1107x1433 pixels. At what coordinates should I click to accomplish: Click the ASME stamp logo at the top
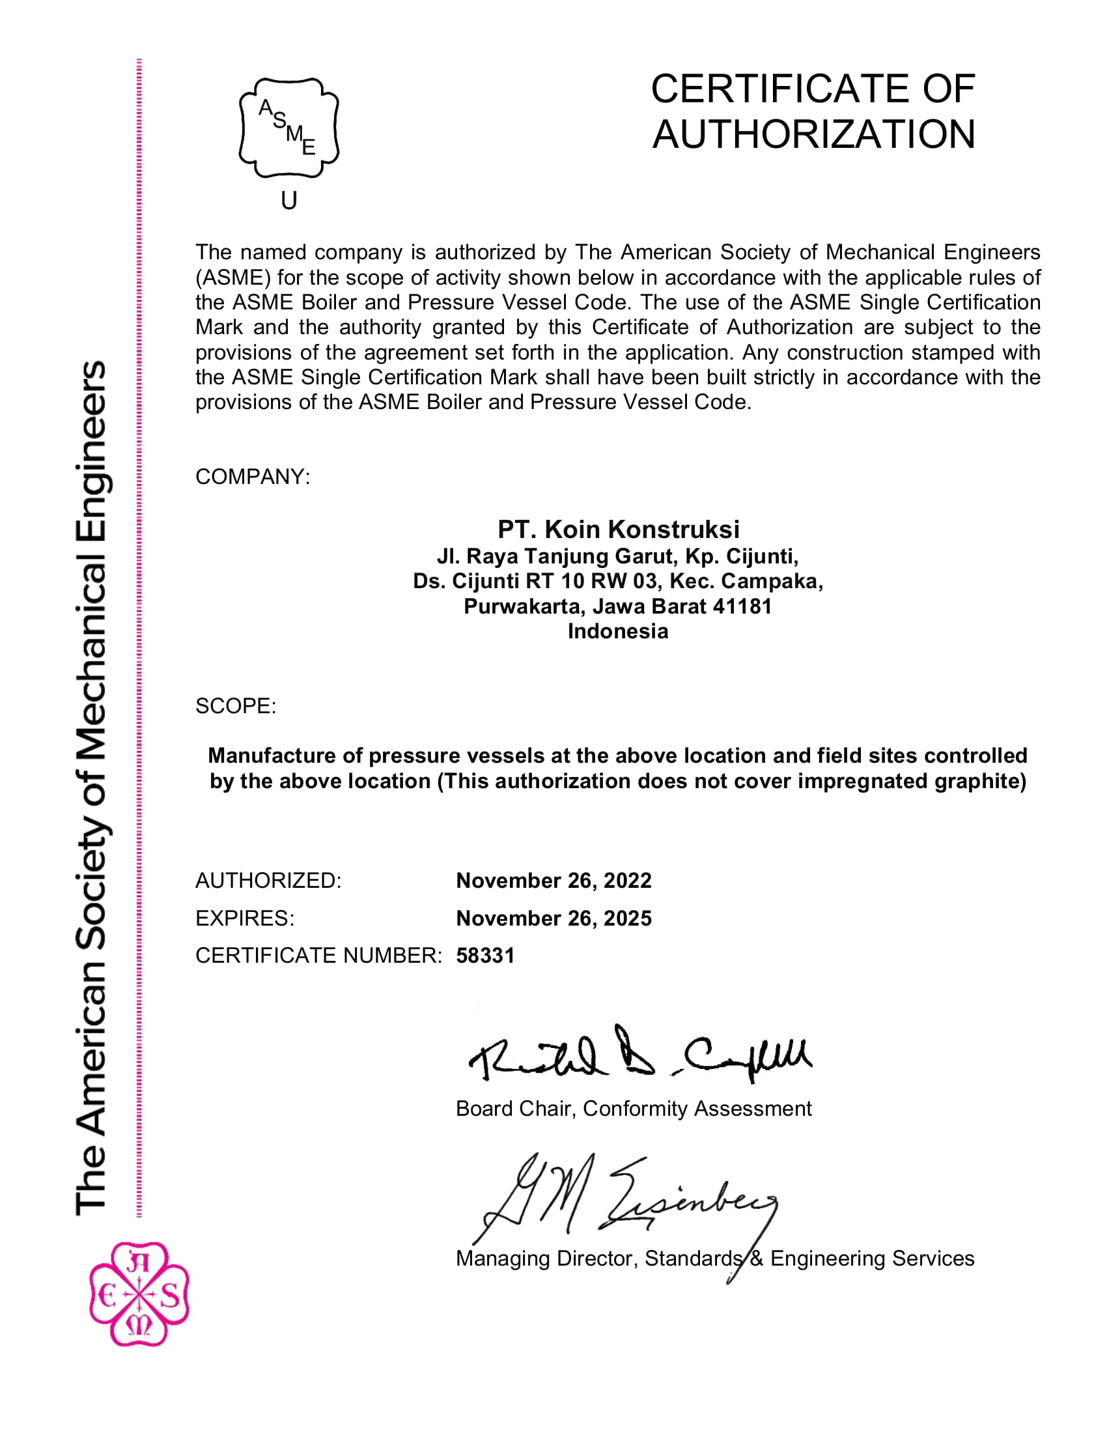point(288,128)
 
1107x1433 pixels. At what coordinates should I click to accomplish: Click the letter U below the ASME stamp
point(289,200)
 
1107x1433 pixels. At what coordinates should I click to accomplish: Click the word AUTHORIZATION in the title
point(813,135)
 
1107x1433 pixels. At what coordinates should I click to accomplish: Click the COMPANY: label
point(253,476)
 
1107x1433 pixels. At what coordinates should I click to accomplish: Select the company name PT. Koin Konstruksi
point(619,529)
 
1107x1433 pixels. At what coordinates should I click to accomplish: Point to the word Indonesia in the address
point(618,631)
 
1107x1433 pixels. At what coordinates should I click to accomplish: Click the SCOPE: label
point(236,706)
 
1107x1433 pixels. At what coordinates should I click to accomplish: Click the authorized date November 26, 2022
point(553,881)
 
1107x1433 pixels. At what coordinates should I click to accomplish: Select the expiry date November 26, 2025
point(553,918)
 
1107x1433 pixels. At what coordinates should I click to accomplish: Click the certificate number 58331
point(485,956)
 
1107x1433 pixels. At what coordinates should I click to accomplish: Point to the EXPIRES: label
point(245,918)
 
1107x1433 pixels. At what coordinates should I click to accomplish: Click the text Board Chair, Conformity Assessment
point(634,1109)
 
